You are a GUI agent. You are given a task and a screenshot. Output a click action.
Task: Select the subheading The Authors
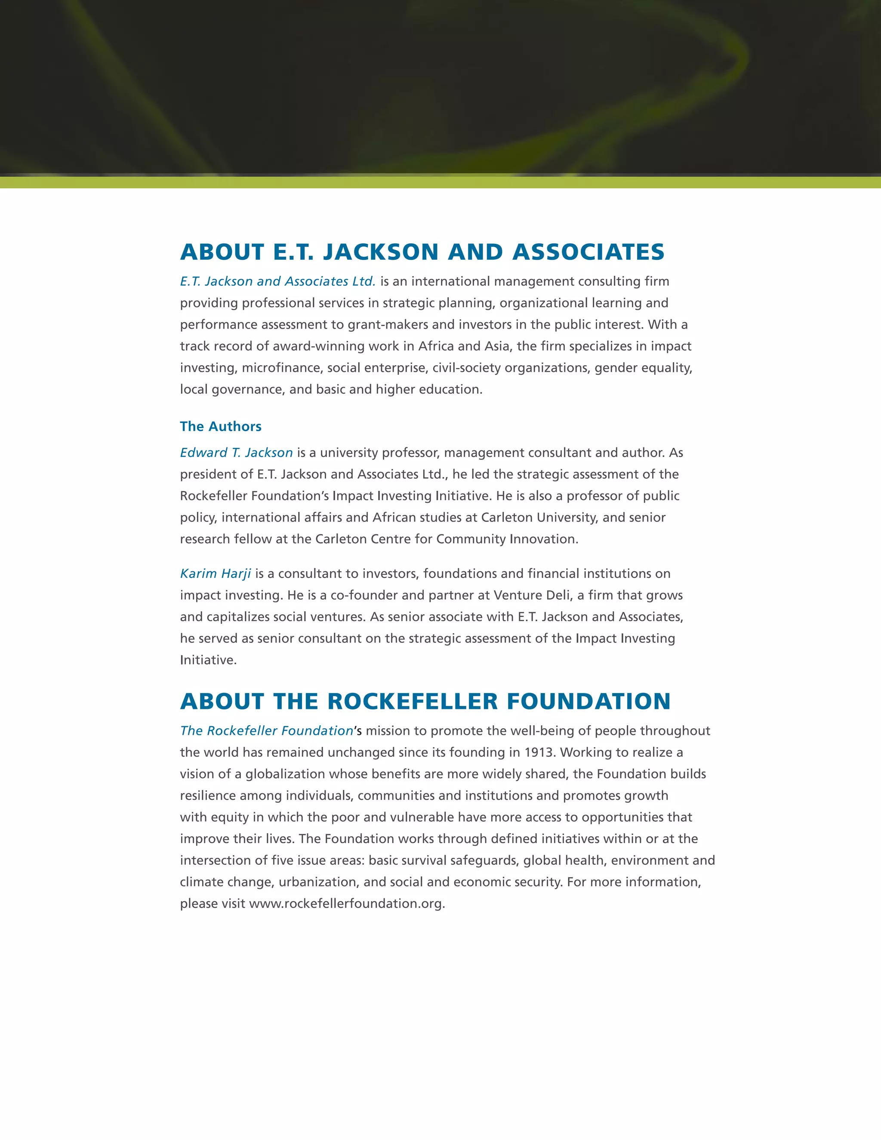coord(220,426)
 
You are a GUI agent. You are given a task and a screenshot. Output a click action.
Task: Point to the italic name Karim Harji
coord(215,573)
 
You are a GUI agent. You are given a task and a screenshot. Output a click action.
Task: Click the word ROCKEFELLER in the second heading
coord(412,702)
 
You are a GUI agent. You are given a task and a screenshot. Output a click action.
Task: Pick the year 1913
coord(539,752)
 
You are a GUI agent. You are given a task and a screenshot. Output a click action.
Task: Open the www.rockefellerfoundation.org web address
coord(347,903)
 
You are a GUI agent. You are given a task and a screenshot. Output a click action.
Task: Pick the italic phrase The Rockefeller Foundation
coord(267,731)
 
